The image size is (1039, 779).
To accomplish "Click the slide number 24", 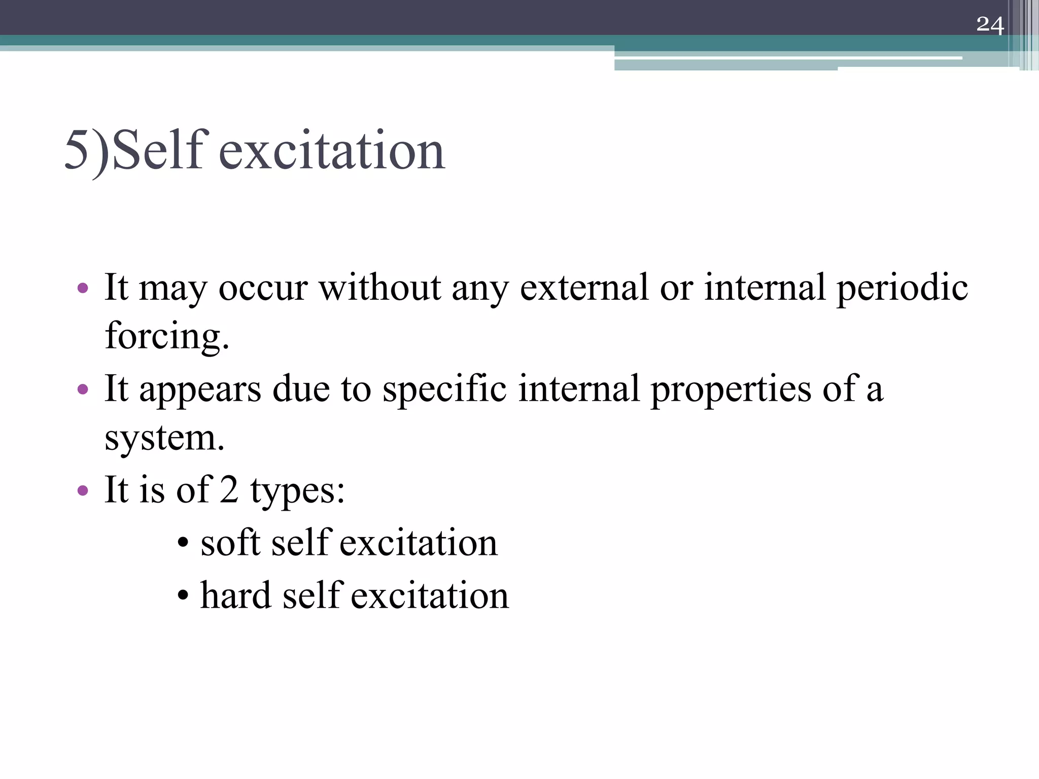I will click(990, 25).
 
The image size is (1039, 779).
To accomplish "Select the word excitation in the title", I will click(332, 150).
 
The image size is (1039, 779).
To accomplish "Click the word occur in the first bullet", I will click(263, 289).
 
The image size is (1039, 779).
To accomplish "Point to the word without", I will click(380, 288).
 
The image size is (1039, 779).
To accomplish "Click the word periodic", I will click(902, 289).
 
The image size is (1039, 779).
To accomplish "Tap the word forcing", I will click(167, 336).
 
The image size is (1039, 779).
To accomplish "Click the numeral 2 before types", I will click(229, 489).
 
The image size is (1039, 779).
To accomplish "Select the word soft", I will click(230, 542).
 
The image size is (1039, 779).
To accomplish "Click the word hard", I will click(236, 595).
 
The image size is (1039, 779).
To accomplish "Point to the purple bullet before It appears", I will click(83, 390).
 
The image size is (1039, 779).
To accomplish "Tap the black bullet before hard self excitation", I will click(183, 595).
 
